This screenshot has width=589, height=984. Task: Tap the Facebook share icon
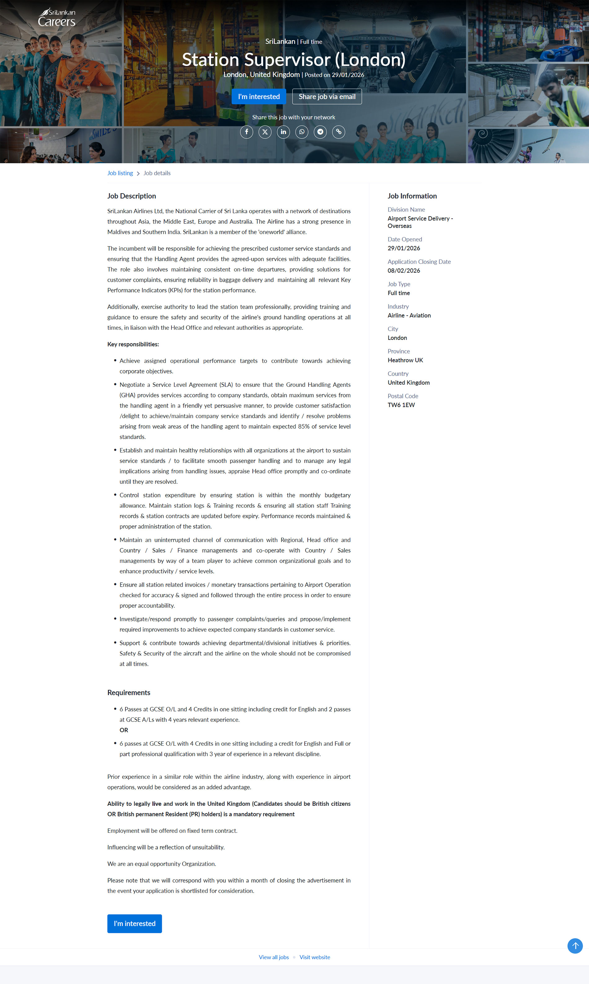246,132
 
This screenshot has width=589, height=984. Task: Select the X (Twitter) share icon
265,132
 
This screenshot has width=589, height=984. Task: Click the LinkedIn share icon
283,132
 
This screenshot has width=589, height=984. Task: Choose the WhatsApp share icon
302,132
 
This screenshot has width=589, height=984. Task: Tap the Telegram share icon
320,132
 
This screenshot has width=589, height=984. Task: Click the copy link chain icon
339,132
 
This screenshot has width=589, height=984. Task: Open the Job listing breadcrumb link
120,173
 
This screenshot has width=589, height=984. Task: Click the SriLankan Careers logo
57,17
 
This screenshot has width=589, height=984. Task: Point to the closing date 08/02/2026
404,271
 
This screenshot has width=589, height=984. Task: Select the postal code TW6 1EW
401,405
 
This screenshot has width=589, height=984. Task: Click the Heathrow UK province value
405,360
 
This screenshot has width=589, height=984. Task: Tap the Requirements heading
129,692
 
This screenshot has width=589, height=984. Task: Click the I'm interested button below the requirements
135,923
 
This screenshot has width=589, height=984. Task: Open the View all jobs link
273,957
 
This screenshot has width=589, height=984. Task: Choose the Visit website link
314,957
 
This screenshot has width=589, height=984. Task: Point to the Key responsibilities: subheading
133,344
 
